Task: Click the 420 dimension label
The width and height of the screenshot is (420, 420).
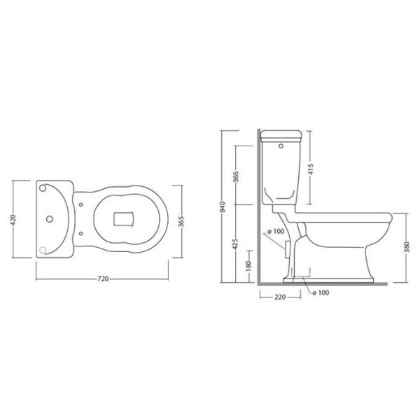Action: click(13, 219)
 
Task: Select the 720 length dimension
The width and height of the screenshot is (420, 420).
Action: click(103, 279)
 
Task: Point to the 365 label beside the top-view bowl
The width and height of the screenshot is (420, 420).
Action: click(181, 221)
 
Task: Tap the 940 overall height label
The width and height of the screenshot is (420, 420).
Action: click(223, 207)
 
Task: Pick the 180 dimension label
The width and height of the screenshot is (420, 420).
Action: click(248, 265)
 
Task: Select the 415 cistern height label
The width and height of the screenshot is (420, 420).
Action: click(311, 169)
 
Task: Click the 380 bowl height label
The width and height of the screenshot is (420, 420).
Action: click(407, 247)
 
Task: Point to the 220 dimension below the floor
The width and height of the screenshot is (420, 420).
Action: click(280, 297)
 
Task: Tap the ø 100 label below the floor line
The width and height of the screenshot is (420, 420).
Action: click(321, 293)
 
